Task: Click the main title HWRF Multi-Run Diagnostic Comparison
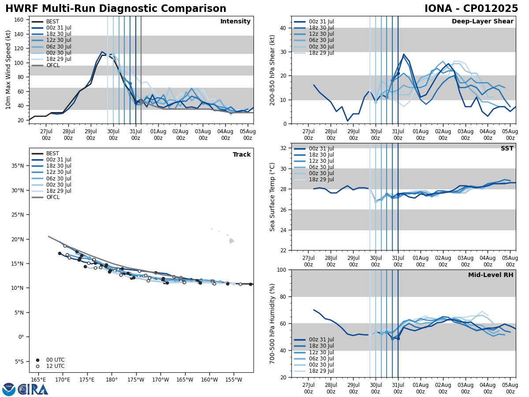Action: pos(115,9)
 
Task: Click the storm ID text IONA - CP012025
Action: pos(471,9)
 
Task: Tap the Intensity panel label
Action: pos(235,22)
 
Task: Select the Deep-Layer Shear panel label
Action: pos(482,22)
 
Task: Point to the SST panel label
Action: pos(507,149)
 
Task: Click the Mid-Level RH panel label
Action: pos(491,275)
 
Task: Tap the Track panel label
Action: pos(242,155)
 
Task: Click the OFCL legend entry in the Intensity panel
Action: pos(52,65)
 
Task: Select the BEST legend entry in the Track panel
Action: pos(52,154)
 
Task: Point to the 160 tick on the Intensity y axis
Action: pos(20,20)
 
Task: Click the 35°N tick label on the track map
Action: pos(18,166)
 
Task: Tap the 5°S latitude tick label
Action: pos(19,362)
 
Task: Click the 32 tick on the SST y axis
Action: pos(284,148)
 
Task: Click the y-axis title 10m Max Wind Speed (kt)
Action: pos(8,70)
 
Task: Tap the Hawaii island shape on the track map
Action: pos(231,241)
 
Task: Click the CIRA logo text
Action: pos(33,390)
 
